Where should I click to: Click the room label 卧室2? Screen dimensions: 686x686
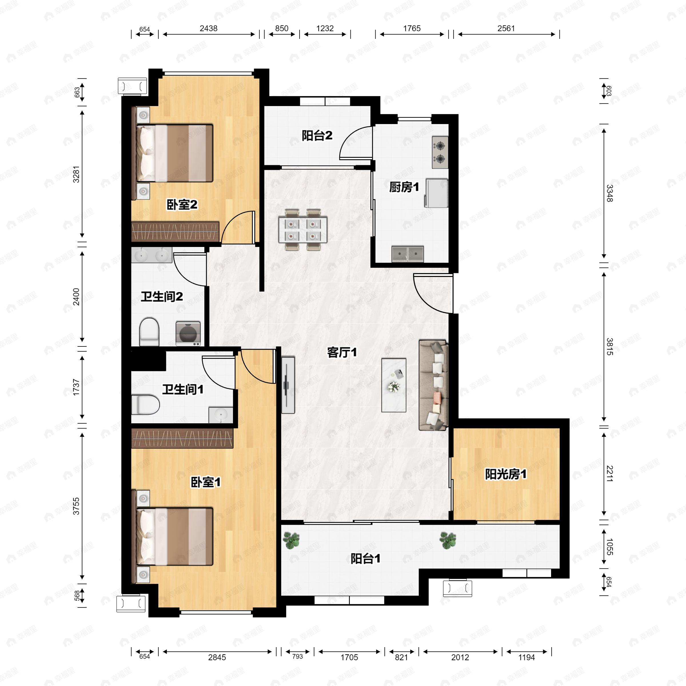pyautogui.click(x=182, y=205)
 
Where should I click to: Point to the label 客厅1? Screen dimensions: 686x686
pyautogui.click(x=342, y=353)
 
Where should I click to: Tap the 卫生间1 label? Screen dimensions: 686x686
pyautogui.click(x=183, y=390)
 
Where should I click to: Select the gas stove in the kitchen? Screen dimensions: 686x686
pyautogui.click(x=440, y=152)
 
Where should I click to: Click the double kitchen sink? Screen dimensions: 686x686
pyautogui.click(x=408, y=254)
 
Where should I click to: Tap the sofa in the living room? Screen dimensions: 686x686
pyautogui.click(x=433, y=385)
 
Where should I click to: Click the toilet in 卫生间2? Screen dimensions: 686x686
pyautogui.click(x=149, y=332)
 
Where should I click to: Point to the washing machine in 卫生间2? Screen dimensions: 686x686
pyautogui.click(x=188, y=333)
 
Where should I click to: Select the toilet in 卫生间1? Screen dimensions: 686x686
pyautogui.click(x=145, y=405)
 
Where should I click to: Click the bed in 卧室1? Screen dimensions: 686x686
pyautogui.click(x=175, y=537)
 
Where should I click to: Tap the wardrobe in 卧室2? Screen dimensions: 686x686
pyautogui.click(x=175, y=231)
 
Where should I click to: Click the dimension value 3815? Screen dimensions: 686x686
pyautogui.click(x=609, y=346)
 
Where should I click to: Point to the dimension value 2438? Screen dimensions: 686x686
pyautogui.click(x=208, y=28)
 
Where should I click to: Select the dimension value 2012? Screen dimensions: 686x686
pyautogui.click(x=460, y=657)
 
